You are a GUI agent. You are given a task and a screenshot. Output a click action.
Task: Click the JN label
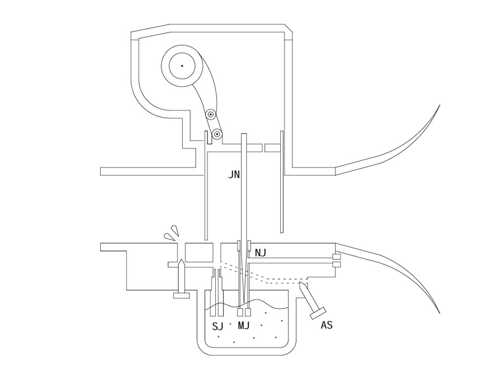point(234,174)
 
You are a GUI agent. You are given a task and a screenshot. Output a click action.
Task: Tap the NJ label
point(260,252)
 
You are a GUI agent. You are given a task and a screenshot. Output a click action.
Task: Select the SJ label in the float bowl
point(218,327)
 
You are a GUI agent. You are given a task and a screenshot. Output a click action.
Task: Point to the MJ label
point(243,326)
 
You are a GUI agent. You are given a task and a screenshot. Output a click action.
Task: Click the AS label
point(327,325)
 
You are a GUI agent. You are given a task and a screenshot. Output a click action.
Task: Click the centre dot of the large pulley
point(182,66)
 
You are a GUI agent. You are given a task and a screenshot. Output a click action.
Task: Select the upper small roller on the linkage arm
point(211,114)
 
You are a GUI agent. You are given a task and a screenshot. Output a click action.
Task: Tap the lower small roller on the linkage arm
point(217,134)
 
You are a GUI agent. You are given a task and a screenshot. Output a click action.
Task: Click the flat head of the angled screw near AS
point(318,313)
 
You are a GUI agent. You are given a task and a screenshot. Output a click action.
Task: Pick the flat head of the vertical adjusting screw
point(182,295)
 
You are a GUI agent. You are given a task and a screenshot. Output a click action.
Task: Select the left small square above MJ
point(241,312)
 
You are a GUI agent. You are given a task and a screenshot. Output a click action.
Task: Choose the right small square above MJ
point(249,312)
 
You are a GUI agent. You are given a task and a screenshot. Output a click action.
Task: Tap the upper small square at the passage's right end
point(337,257)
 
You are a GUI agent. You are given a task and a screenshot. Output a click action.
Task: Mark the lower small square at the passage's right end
point(337,264)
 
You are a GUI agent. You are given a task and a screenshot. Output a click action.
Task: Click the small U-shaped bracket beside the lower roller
point(208,138)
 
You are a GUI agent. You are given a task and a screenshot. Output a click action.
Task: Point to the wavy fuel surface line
point(247,305)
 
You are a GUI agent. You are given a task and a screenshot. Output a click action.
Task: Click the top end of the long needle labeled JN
point(244,134)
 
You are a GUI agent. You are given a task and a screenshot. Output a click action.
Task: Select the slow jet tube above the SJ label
point(217,292)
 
